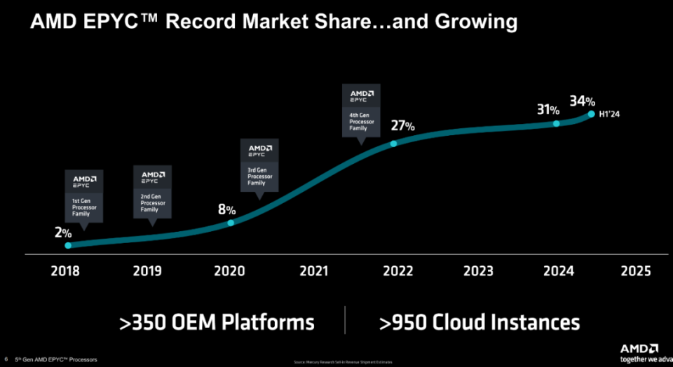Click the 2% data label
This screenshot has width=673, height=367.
point(63,233)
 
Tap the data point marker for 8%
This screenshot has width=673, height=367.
point(231,223)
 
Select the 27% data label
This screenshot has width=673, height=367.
point(403,126)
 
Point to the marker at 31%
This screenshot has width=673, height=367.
point(557,123)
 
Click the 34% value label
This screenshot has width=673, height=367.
point(582,102)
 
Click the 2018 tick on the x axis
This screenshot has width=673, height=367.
point(65,271)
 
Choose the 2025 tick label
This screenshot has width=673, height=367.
point(636,271)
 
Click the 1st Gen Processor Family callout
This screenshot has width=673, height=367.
point(83,195)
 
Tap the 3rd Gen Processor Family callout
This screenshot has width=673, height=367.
point(259,165)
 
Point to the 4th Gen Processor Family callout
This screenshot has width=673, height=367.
point(361,113)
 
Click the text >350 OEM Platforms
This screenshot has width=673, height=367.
point(217,322)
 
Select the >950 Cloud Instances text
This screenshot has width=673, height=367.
point(480,322)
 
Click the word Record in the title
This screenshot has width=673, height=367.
point(208,22)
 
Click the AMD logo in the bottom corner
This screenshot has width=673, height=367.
point(639,348)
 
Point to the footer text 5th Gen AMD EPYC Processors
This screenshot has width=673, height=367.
point(55,359)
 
